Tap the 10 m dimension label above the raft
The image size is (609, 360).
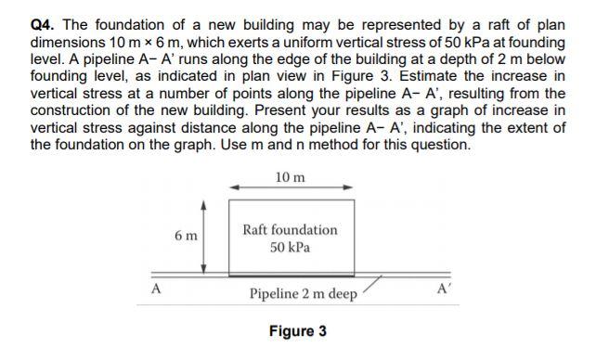[291, 177]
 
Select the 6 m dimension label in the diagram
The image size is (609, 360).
[185, 237]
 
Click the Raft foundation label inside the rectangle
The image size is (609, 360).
[291, 229]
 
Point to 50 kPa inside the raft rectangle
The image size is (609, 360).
[291, 248]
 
